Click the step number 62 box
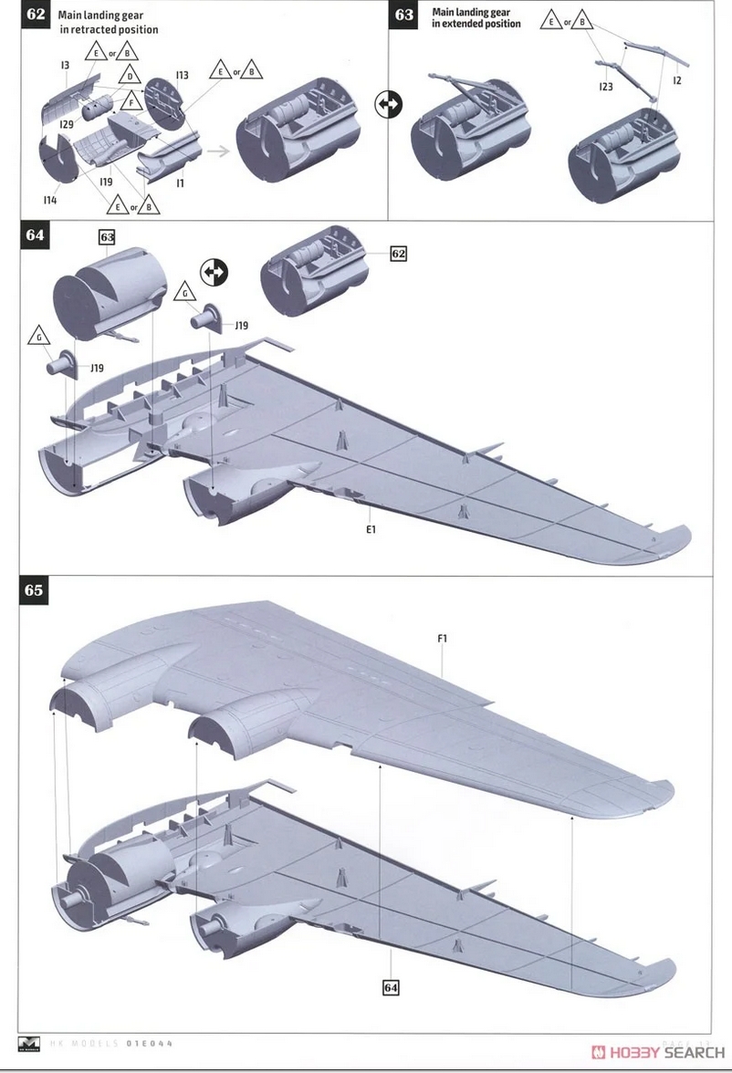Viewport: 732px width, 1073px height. click(x=34, y=15)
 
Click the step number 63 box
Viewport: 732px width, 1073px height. click(x=404, y=15)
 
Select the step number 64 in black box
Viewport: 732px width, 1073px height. click(x=34, y=235)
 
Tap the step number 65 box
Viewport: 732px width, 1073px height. click(x=34, y=590)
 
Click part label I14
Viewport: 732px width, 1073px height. click(x=49, y=200)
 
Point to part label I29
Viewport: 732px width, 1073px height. click(x=67, y=124)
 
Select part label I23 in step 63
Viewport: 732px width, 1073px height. click(x=605, y=87)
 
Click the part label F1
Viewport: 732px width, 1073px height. click(x=442, y=639)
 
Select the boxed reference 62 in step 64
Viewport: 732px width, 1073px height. click(x=398, y=254)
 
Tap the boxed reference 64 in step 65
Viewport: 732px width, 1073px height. click(x=391, y=987)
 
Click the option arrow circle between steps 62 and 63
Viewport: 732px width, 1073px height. click(x=389, y=104)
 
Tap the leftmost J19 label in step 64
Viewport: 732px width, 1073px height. click(x=97, y=369)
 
